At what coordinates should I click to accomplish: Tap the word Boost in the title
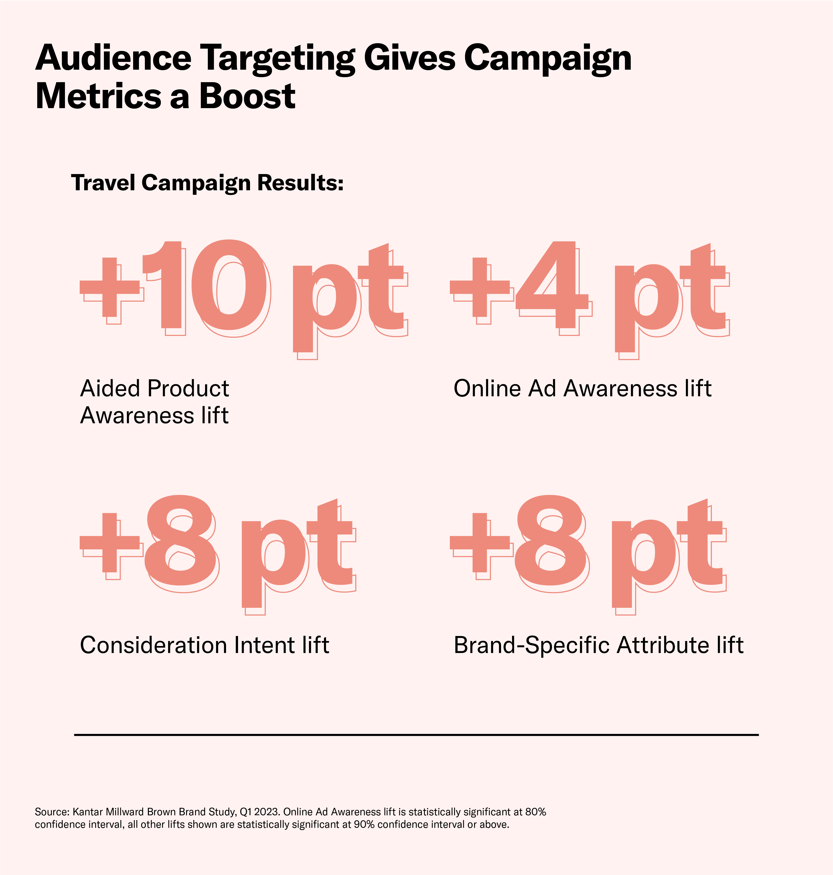point(247,96)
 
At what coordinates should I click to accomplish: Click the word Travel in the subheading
point(103,183)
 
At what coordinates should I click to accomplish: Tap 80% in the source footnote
point(536,812)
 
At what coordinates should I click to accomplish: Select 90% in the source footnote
point(364,824)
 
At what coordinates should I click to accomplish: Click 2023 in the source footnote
point(267,812)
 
